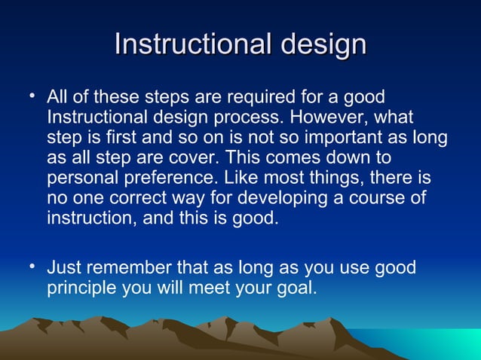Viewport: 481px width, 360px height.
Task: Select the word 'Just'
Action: point(63,268)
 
